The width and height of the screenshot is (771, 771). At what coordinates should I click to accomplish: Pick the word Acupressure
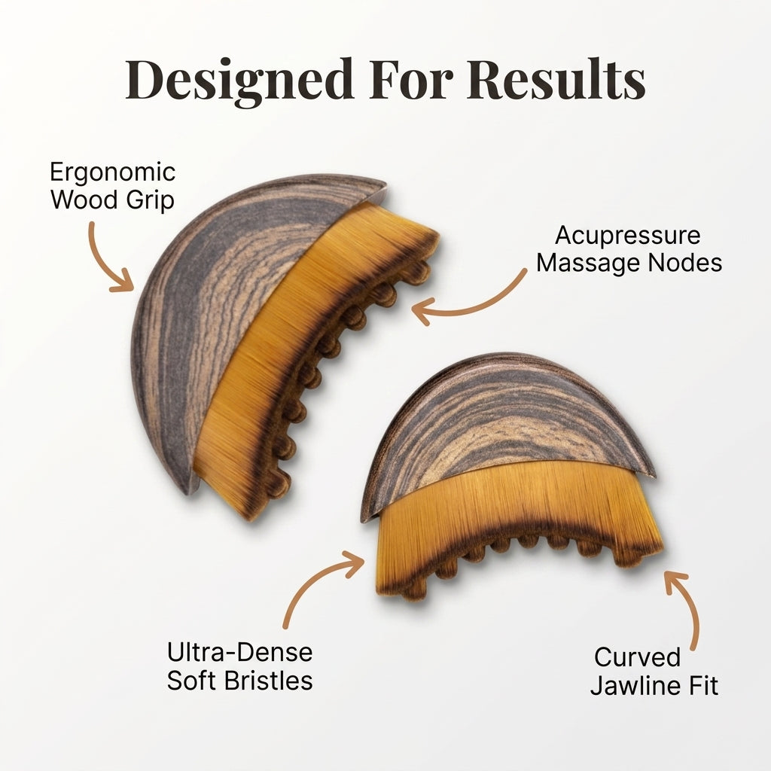click(x=628, y=236)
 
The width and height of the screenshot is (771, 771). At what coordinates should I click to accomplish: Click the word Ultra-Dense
click(x=240, y=653)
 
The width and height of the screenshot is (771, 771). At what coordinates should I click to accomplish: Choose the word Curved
click(x=637, y=657)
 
